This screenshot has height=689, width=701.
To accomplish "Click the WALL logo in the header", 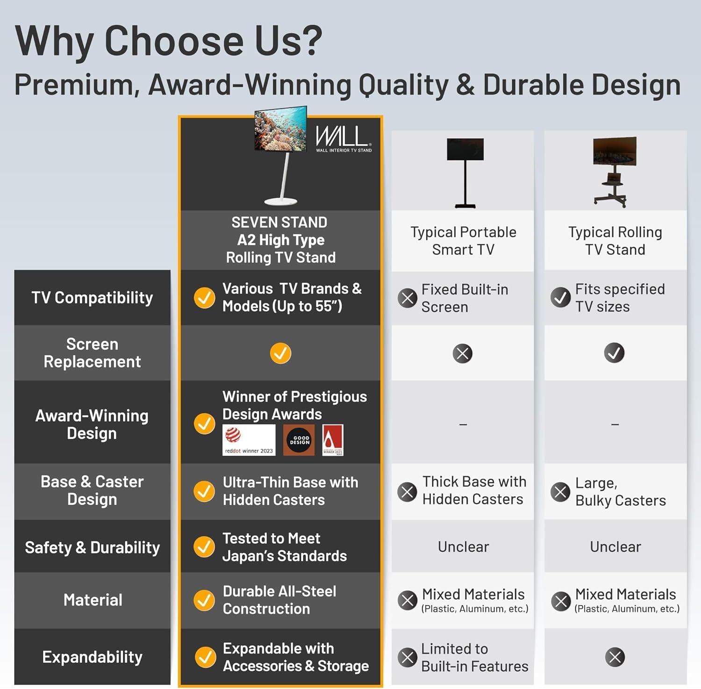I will [x=343, y=138].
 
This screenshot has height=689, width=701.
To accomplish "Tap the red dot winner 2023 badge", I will [x=249, y=440].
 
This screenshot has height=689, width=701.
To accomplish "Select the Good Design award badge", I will [x=299, y=440].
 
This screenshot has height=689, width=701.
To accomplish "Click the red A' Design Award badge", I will [x=333, y=440].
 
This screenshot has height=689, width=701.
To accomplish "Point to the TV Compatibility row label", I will [x=92, y=298].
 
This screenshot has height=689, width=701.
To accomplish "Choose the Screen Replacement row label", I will [x=92, y=353].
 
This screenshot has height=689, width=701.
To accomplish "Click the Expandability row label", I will [x=92, y=657].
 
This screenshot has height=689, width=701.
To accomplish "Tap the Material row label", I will [x=93, y=600].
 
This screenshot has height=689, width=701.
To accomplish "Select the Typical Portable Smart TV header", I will [x=463, y=241].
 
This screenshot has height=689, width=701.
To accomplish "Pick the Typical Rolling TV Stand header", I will [x=615, y=241].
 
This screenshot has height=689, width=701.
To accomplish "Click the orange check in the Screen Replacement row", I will [x=280, y=353].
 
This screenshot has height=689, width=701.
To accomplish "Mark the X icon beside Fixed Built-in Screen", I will [x=408, y=298].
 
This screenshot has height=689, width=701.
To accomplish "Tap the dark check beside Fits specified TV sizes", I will [x=560, y=297].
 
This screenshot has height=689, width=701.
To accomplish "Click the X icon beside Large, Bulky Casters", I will [x=560, y=491].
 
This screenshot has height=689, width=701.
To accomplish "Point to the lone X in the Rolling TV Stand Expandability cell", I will [x=615, y=657].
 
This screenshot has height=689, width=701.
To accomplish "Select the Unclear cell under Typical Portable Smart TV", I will [x=463, y=546].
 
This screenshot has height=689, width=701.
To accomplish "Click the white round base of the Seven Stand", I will [x=280, y=201].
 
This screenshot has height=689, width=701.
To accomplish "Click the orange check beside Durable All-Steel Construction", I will [x=204, y=600].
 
